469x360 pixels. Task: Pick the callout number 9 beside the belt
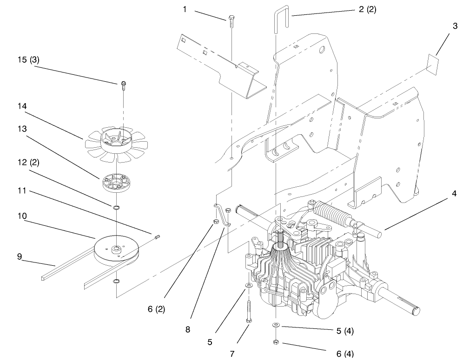click(x=20, y=255)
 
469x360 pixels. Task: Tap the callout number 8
click(x=187, y=329)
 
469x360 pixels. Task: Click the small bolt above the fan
click(x=123, y=85)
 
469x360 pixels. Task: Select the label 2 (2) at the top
click(x=367, y=10)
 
